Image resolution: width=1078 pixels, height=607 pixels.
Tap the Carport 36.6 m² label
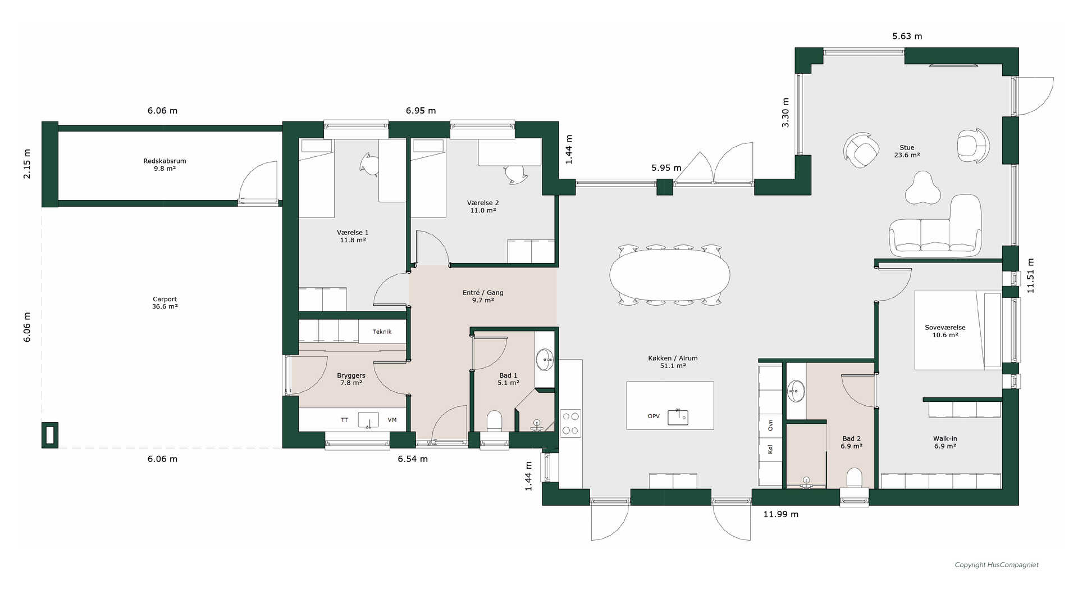point(165,303)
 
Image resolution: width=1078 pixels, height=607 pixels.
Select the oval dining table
point(670,275)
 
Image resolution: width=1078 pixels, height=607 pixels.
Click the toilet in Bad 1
point(494,421)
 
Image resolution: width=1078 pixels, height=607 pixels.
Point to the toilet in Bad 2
point(854,478)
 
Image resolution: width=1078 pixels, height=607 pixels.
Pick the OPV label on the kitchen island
point(654,416)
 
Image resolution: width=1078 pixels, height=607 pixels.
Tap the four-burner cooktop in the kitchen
point(570,424)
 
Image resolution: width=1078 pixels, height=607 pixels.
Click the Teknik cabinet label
point(382,332)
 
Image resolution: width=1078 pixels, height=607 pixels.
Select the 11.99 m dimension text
point(780,514)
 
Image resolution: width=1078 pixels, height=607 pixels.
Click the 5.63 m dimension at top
point(907,36)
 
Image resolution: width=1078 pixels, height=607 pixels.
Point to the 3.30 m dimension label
point(785,112)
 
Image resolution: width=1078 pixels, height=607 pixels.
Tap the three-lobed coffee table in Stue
point(922,189)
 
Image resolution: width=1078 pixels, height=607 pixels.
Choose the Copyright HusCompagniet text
point(997,565)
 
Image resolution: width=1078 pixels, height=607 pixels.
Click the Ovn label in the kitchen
point(770,425)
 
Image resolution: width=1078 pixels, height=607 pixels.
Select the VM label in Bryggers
point(392,420)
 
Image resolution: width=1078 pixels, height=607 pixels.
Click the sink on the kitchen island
point(678,416)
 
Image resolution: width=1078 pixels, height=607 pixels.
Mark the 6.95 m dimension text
point(421,111)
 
